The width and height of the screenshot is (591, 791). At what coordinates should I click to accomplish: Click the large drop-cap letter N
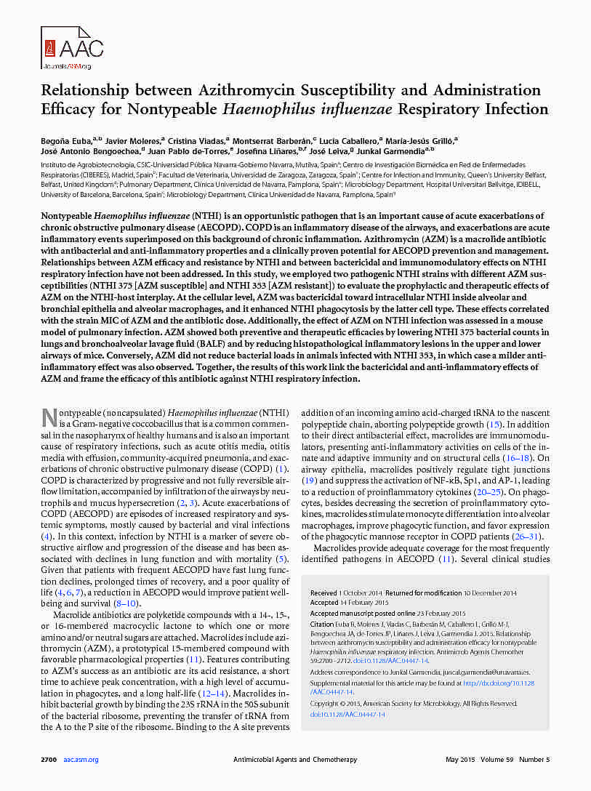pyautogui.click(x=49, y=417)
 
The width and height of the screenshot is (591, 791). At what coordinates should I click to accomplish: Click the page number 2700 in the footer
pyautogui.click(x=49, y=760)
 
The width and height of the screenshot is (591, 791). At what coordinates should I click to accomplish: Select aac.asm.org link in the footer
pyautogui.click(x=81, y=760)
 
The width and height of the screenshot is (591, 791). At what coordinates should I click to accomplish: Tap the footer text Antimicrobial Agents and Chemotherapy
pyautogui.click(x=294, y=760)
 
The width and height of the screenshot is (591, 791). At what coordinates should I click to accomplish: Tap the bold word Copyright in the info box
pyautogui.click(x=326, y=704)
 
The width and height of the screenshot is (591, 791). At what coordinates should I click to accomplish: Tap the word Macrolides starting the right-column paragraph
pyautogui.click(x=333, y=547)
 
